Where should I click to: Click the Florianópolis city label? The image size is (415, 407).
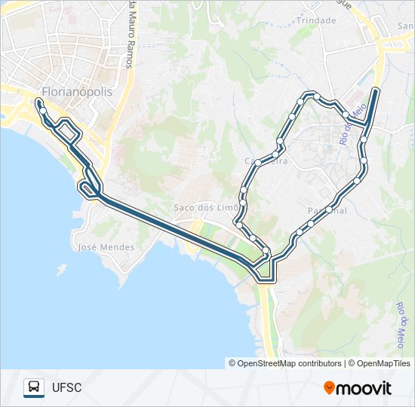[x=76, y=91]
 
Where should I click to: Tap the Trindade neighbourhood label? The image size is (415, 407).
[x=316, y=20]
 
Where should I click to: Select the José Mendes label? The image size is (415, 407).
[x=106, y=246]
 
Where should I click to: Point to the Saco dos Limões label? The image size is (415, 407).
[x=206, y=207]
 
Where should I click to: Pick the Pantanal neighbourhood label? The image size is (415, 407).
[x=327, y=210]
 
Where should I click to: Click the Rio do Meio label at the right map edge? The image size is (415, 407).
[x=401, y=321]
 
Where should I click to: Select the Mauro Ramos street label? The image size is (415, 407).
[x=132, y=35]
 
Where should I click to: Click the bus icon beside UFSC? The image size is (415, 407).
[x=34, y=387]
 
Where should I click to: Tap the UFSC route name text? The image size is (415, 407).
[x=66, y=388]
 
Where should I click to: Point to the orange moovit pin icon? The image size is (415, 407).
[x=330, y=387]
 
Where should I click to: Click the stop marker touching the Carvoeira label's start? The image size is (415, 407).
[x=259, y=162]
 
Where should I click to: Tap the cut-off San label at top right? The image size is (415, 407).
[x=405, y=25]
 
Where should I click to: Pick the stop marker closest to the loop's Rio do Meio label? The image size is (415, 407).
[x=346, y=115]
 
